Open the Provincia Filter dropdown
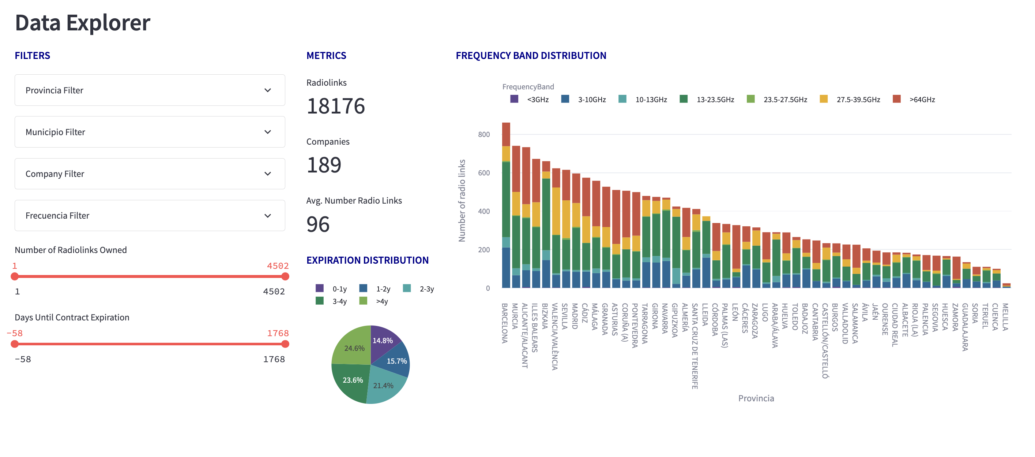click(x=150, y=90)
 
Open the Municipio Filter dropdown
click(x=150, y=132)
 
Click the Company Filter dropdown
click(x=150, y=174)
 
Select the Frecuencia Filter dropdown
click(x=150, y=216)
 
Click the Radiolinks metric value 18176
click(x=335, y=106)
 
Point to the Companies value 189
click(x=324, y=165)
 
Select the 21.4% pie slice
click(x=384, y=385)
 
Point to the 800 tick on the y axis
click(x=484, y=134)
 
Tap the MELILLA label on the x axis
click(x=1006, y=317)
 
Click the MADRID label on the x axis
click(x=575, y=316)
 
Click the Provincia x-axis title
click(x=756, y=398)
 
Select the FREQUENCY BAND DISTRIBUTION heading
click(x=531, y=56)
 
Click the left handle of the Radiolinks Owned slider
click(x=15, y=276)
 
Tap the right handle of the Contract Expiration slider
click(x=285, y=344)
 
